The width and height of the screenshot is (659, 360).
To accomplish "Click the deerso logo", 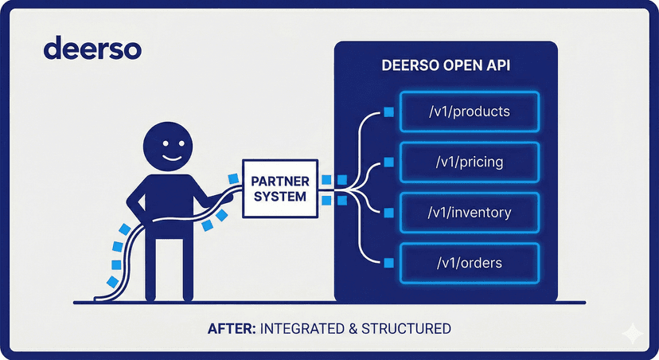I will click(x=93, y=48).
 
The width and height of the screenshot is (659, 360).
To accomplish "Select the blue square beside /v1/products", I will click(x=388, y=112).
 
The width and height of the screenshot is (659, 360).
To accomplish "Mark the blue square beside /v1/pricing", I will click(x=388, y=162).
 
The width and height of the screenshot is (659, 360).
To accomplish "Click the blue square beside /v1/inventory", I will click(x=388, y=213).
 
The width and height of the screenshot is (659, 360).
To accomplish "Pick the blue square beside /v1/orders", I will click(x=388, y=262).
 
